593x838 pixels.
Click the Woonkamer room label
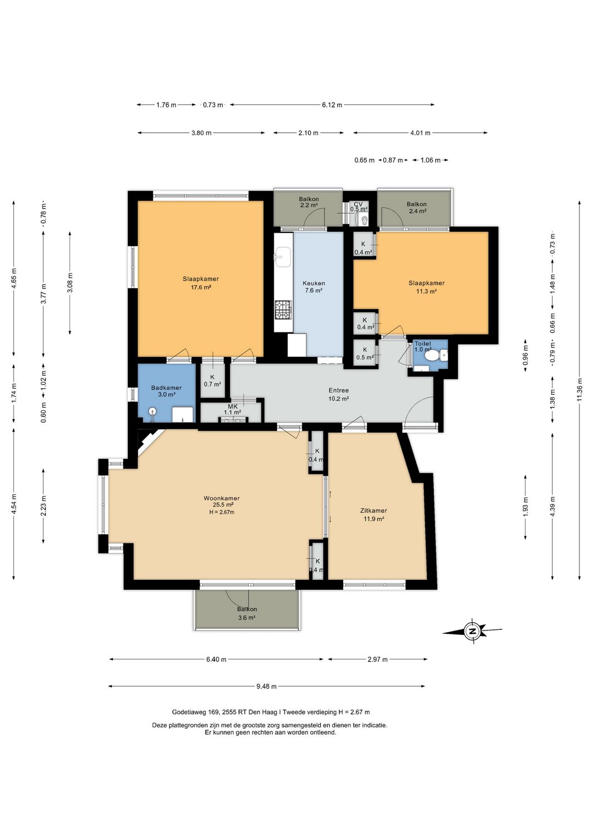pos(221,498)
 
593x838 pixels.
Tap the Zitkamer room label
pos(373,510)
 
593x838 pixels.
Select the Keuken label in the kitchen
pos(314,283)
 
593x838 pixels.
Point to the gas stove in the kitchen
pos(283,310)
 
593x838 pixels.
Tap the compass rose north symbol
pos(472,631)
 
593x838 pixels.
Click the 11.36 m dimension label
pos(579,390)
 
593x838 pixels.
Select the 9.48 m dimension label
pos(266,686)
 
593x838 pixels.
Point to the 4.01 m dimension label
pos(420,132)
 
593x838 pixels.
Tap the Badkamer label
pos(166,388)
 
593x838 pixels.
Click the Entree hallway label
pos(339,390)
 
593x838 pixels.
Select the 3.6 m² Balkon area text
pos(247,618)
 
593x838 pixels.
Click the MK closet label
pos(233,406)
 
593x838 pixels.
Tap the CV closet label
pos(359,204)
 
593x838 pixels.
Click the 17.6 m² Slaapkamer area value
pos(201,287)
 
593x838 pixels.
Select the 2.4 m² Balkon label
pos(417,211)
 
